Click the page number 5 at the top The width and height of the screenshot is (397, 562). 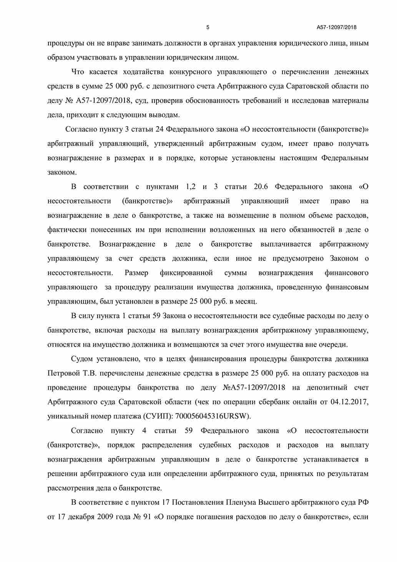(x=208, y=27)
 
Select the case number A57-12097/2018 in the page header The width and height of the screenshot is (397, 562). (x=337, y=27)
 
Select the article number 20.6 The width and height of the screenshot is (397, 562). (x=261, y=187)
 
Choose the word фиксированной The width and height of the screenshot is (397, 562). (x=186, y=273)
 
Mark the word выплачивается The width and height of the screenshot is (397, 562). (x=284, y=244)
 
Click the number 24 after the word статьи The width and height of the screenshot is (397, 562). (x=159, y=130)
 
